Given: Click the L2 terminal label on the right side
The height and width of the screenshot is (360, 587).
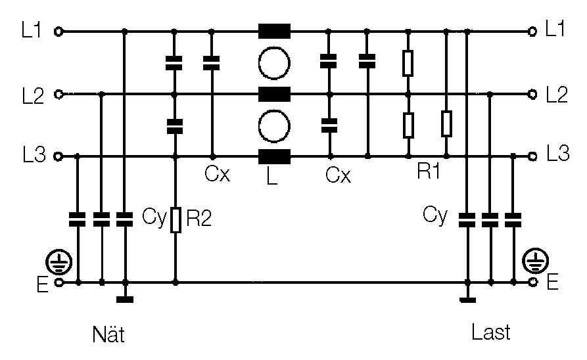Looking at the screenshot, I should tap(555, 95).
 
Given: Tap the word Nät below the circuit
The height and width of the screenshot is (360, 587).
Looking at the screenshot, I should tap(108, 334).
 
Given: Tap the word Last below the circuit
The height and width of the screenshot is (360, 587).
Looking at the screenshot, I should tap(491, 332).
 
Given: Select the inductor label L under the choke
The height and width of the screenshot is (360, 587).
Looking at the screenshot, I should tap(273, 177).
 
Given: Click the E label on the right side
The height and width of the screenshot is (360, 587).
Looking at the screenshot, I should tap(552, 283).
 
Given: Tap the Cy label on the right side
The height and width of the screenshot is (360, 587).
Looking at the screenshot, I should tap(434, 215).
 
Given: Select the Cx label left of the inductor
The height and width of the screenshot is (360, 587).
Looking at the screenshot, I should tap(216, 175).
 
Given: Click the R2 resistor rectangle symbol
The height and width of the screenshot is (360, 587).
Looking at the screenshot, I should tap(176, 220).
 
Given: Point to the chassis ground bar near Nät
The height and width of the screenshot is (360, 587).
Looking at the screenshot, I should tap(124, 300).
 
